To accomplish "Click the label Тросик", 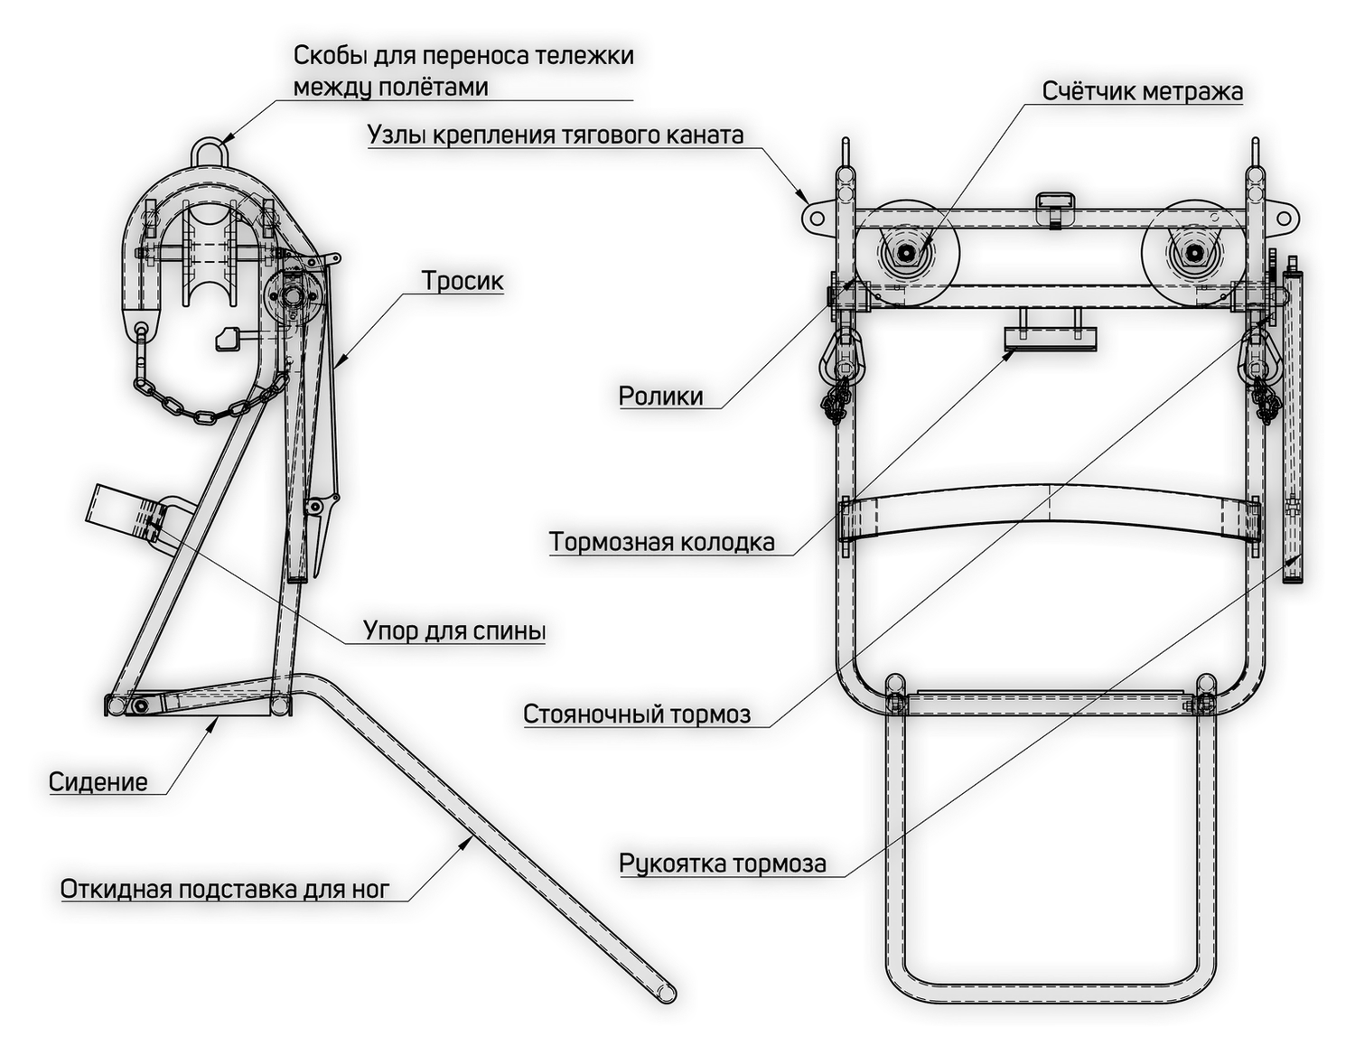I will [x=463, y=282].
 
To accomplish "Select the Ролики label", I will [x=660, y=396].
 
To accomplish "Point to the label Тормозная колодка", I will [x=662, y=542].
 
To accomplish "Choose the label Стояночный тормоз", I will [x=637, y=714].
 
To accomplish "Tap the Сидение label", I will [x=98, y=781].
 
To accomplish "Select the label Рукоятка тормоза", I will [x=722, y=864].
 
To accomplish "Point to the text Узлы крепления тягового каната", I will [x=556, y=135].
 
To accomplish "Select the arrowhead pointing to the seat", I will [x=217, y=721].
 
